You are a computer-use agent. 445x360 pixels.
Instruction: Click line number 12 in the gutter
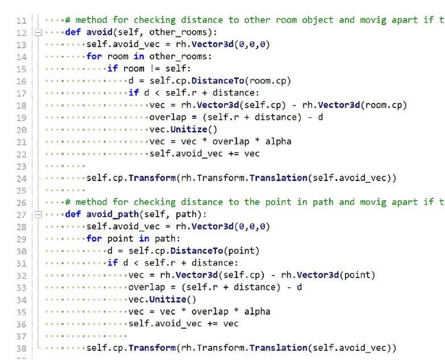[21, 32]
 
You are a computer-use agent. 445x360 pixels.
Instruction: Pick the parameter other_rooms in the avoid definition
[173, 32]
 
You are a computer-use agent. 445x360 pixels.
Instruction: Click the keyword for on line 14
[94, 56]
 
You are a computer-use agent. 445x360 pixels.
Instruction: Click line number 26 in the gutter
[21, 202]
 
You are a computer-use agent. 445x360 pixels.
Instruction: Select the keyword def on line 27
[72, 214]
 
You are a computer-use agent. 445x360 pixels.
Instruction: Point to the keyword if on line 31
[113, 263]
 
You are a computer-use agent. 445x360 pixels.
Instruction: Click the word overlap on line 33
[147, 287]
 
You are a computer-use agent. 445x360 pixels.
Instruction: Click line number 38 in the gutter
[21, 348]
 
